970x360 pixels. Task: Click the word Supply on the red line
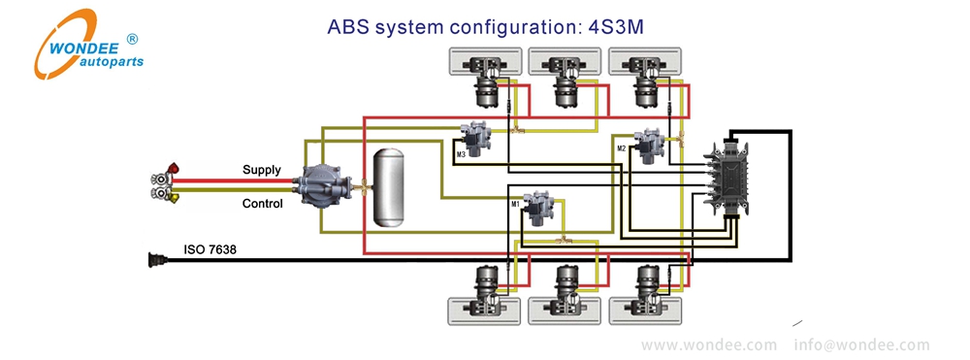coord(262,171)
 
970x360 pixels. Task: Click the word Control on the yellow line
coord(262,204)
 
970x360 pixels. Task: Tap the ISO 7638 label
coord(210,250)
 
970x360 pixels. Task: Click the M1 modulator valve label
coord(516,204)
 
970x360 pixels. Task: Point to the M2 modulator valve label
coord(622,148)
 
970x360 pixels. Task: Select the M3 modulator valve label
coord(462,153)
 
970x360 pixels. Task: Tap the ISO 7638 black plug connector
coord(154,259)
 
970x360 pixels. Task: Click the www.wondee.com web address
coord(709,344)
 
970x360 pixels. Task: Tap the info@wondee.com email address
coord(861,344)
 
